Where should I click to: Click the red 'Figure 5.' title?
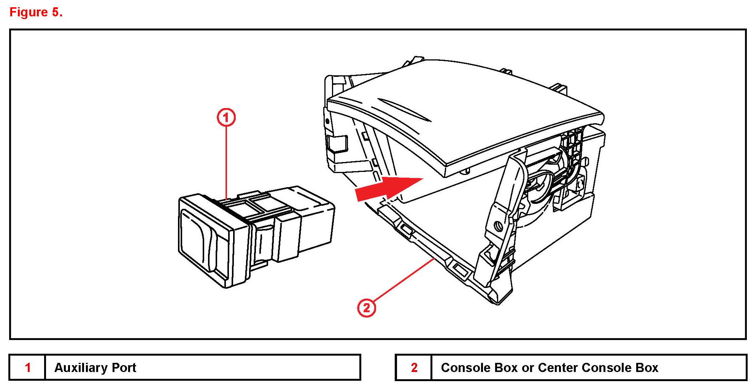click(x=36, y=12)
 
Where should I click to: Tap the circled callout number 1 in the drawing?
click(x=226, y=117)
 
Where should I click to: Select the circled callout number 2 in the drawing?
click(x=366, y=307)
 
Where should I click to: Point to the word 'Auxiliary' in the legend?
click(x=81, y=367)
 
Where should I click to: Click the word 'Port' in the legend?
click(x=124, y=367)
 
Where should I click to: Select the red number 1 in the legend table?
click(x=28, y=367)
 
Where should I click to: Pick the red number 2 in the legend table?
click(x=414, y=367)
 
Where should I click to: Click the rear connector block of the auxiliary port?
click(x=316, y=221)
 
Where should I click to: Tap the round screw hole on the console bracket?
click(x=499, y=227)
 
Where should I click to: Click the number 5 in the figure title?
click(x=56, y=12)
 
